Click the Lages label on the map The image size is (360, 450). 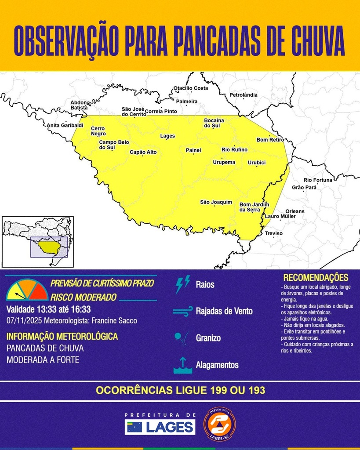(x=167, y=136)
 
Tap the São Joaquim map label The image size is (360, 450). (x=216, y=202)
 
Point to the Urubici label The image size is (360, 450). (x=257, y=163)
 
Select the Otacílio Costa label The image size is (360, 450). (x=191, y=88)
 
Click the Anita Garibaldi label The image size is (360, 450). (x=65, y=125)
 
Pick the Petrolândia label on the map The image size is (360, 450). (x=244, y=95)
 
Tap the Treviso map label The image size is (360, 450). (x=273, y=233)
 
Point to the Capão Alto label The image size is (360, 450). (x=143, y=152)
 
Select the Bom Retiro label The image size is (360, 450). (x=270, y=140)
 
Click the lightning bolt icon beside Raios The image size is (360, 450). (x=182, y=284)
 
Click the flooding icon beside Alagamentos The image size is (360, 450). (x=182, y=365)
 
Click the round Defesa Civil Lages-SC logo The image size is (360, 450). (x=219, y=424)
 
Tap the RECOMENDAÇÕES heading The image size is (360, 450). (x=316, y=278)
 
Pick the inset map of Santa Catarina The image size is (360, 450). (x=38, y=242)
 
